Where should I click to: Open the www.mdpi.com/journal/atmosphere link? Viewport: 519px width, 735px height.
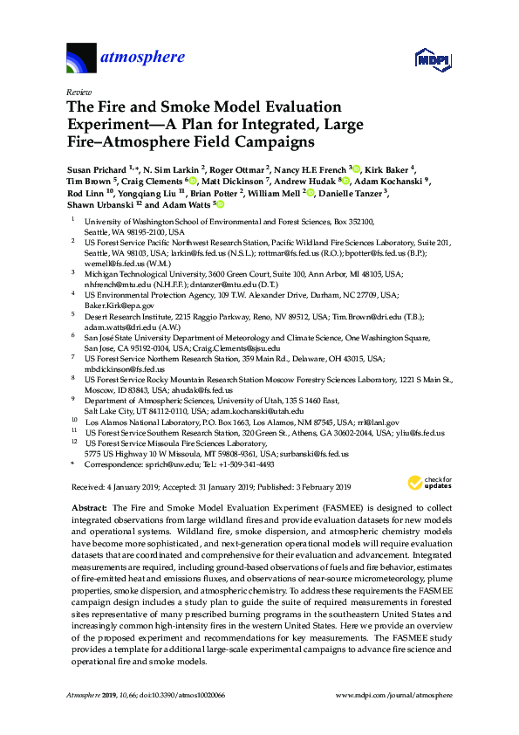point(393,694)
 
